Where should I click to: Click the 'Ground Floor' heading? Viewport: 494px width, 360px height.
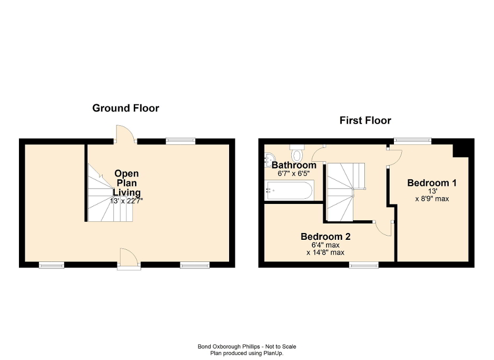[125, 108]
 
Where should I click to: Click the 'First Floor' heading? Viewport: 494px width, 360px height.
[365, 121]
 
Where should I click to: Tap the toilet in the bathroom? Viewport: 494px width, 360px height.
[298, 154]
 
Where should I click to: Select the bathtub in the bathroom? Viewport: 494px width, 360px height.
[290, 190]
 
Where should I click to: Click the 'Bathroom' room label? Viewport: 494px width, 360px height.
[294, 166]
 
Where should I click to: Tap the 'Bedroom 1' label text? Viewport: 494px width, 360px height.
[432, 183]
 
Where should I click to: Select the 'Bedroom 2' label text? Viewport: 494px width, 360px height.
[325, 237]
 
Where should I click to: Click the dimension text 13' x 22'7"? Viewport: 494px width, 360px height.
[126, 201]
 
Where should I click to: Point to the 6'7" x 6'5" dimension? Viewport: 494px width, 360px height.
[294, 173]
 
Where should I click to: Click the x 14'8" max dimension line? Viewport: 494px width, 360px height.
[325, 252]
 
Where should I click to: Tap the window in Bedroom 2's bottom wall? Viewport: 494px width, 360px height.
[364, 265]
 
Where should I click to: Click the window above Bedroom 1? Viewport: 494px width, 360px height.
[413, 141]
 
